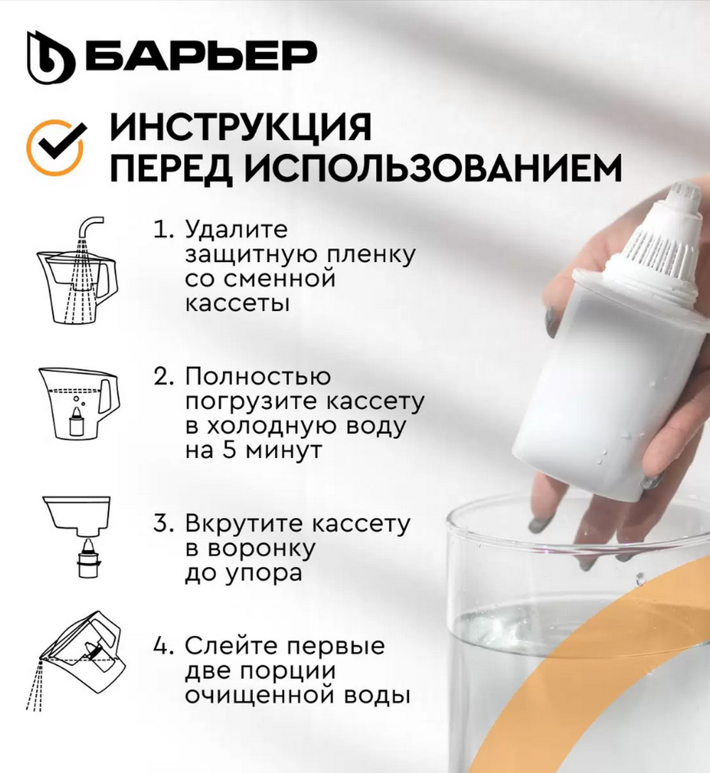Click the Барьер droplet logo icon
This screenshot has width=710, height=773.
click(x=50, y=57)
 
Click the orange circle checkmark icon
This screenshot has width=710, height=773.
click(x=55, y=147)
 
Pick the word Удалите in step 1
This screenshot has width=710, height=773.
click(x=226, y=231)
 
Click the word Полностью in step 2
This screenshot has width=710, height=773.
click(x=258, y=377)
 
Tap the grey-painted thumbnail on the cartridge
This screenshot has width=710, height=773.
click(x=550, y=320)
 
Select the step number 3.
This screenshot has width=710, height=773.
click(x=163, y=525)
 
